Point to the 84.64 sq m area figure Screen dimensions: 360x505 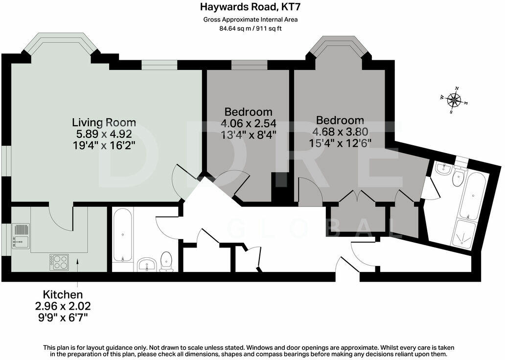tap(234, 28)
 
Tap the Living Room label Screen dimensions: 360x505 tap(104, 122)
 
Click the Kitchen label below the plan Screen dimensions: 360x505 tap(63, 295)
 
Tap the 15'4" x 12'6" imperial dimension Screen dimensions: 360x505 tap(340, 143)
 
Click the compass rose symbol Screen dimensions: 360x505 tap(454, 101)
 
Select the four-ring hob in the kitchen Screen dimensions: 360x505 tap(59, 262)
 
